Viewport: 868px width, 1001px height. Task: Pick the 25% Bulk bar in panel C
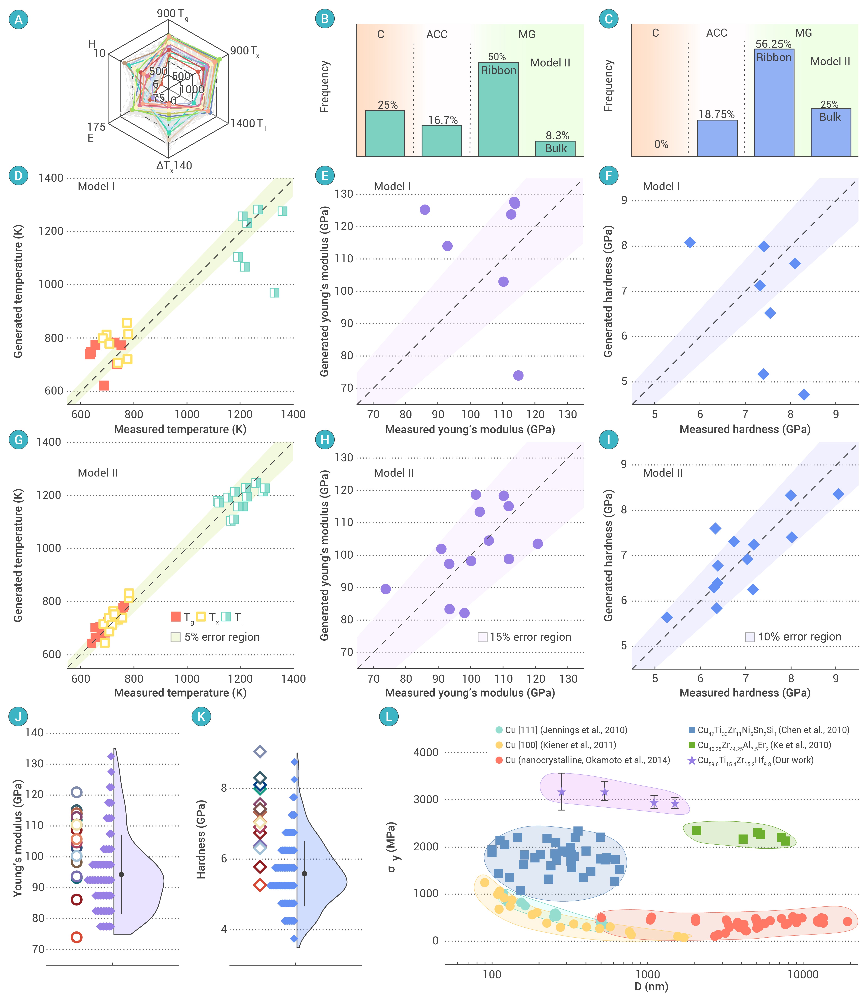(x=830, y=132)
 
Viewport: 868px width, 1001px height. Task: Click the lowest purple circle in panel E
(x=518, y=375)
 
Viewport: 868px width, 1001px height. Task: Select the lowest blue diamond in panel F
(x=804, y=395)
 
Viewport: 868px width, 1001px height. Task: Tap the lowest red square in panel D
(x=104, y=385)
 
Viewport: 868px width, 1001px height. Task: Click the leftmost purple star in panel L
(x=561, y=792)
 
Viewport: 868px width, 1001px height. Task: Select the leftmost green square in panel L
(x=697, y=831)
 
